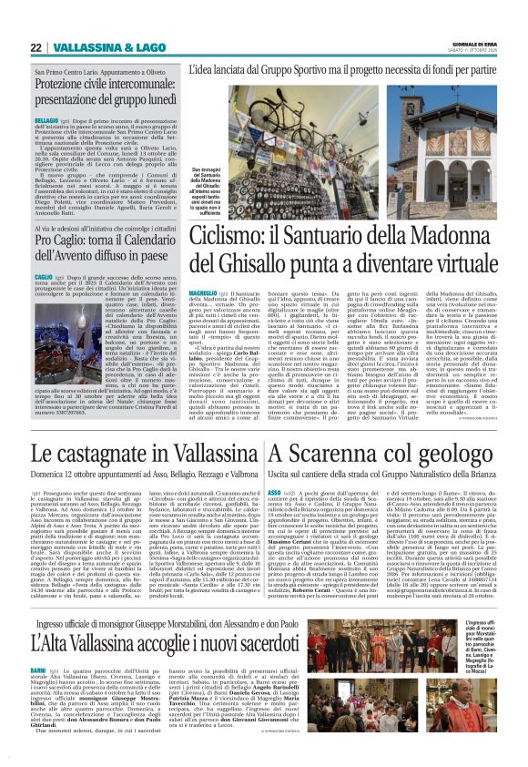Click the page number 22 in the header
36,47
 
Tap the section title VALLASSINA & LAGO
96,47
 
